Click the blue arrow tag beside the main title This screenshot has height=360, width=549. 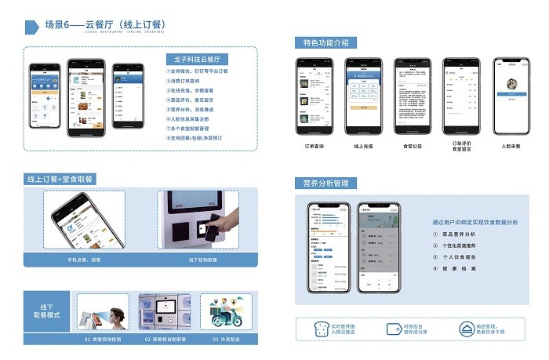tap(32, 27)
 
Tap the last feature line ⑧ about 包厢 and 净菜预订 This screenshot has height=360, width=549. tap(197, 137)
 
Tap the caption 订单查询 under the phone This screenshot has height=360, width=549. tap(314, 146)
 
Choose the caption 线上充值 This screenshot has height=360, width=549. tap(363, 146)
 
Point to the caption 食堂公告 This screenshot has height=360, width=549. tap(413, 146)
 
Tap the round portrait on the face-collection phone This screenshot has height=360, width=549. tap(512, 84)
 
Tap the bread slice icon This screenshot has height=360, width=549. tap(321, 329)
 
